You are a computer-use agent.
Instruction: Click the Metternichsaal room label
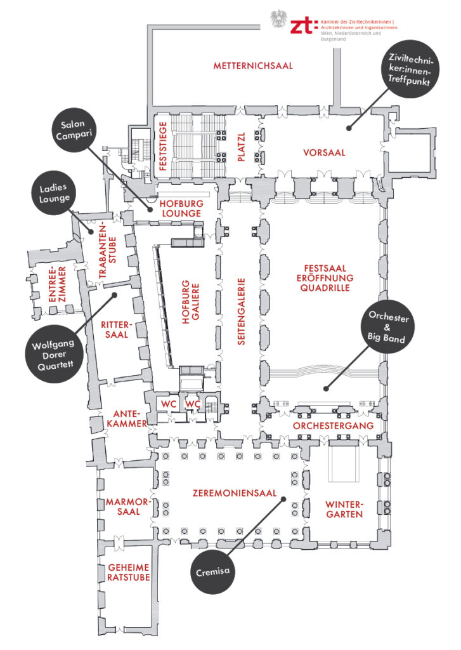click(253, 66)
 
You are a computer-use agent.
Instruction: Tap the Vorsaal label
click(323, 153)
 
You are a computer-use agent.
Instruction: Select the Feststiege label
click(163, 148)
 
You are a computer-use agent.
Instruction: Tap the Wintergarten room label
click(344, 509)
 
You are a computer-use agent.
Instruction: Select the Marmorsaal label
click(127, 507)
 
